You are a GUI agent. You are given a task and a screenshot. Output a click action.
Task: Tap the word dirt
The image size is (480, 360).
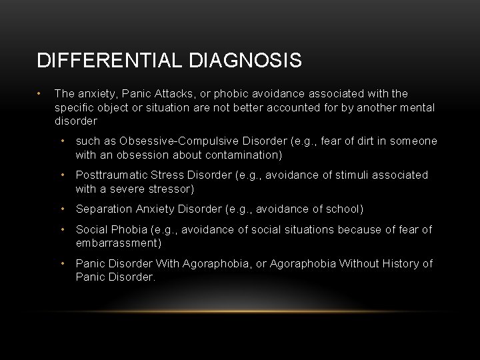pyautogui.click(x=358, y=141)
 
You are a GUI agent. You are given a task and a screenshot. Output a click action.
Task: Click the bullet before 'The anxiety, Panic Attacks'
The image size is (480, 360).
pyautogui.click(x=41, y=94)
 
